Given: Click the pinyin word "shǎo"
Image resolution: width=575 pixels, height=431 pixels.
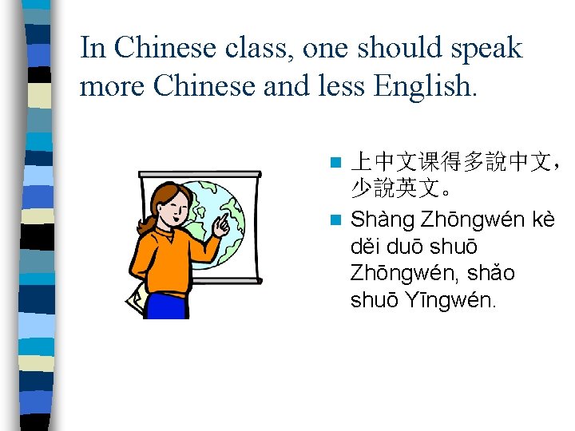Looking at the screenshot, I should (491, 274).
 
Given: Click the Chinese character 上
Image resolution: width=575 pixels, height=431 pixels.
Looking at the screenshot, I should (360, 164).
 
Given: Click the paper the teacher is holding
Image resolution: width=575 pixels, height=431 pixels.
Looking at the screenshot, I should (134, 302).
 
